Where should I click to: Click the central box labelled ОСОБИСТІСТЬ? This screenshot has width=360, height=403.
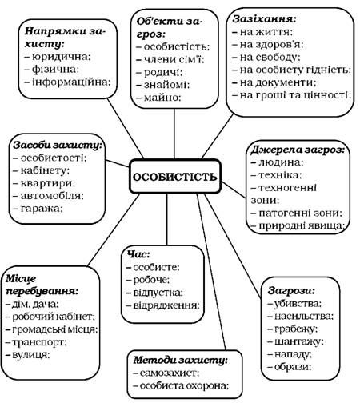coord(175,176)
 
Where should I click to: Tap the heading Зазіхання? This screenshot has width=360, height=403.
coord(264,19)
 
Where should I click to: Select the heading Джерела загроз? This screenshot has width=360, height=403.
coord(298,150)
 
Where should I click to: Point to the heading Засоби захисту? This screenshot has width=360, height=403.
coord(58,146)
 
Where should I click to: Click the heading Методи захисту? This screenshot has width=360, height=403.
coord(181,360)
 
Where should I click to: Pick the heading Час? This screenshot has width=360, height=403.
coord(138,254)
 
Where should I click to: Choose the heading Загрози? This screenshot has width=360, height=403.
coord(291,290)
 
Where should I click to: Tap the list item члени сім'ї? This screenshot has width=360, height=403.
coord(170,59)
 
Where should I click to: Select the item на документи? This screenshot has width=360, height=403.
coord(274,82)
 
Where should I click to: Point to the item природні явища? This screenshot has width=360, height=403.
coord(298,225)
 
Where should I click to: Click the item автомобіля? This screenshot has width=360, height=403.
coord(49,196)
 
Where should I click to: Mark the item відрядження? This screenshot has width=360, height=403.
coord(163,305)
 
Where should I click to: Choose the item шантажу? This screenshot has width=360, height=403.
coord(295,341)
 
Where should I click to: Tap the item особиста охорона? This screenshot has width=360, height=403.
coord(181,385)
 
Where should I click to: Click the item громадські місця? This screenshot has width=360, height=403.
coord(52,329)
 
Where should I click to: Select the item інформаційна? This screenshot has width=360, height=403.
coord(67,82)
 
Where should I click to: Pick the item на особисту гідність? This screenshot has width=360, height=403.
coord(292,70)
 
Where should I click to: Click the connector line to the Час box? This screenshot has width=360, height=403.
coord(167,219)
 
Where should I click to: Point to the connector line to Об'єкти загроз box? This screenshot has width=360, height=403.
coord(174,134)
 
